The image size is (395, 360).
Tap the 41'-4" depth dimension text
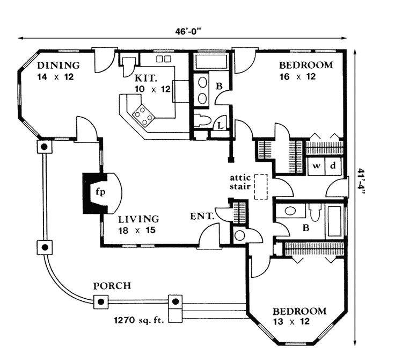click(361, 183)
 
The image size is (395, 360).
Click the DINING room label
click(58, 66)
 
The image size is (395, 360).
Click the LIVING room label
click(138, 219)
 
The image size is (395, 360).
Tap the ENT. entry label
click(202, 217)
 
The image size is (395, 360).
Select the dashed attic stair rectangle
click(261, 187)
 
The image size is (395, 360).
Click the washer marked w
click(317, 165)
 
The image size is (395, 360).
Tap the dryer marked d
click(333, 165)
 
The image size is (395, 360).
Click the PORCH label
click(112, 285)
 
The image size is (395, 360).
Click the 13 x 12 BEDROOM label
click(299, 312)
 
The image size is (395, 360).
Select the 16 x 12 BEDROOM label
click(306, 66)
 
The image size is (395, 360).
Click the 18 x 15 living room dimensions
click(138, 230)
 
